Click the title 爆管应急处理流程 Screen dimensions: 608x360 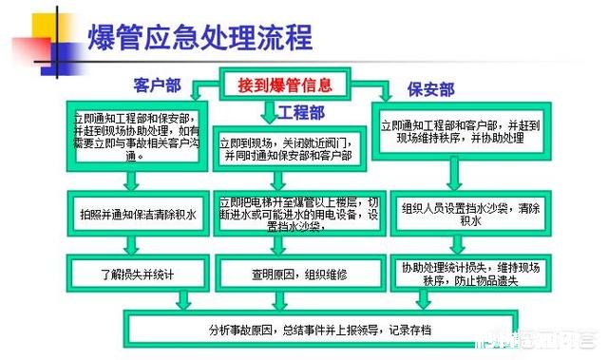tap(199, 39)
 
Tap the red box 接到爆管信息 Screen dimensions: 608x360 tap(285, 85)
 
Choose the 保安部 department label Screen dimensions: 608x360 tap(430, 90)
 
